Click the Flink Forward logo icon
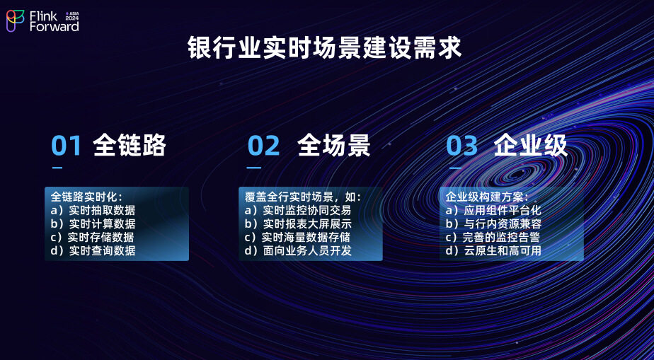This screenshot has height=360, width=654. [16, 21]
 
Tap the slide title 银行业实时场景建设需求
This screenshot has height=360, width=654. [324, 48]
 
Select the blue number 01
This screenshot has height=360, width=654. [67, 146]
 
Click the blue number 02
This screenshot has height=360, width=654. [263, 146]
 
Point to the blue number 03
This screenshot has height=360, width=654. [461, 146]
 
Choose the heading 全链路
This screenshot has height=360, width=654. [130, 146]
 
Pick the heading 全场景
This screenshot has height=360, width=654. [333, 146]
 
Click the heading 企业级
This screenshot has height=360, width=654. [531, 146]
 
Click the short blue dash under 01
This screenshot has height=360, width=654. [57, 168]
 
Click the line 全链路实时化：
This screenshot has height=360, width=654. [87, 197]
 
